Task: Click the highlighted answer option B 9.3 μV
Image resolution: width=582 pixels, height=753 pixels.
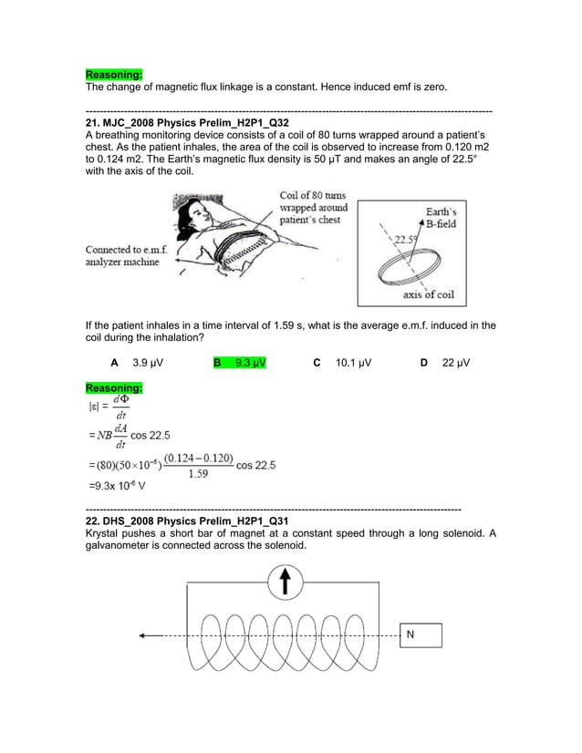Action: [x=240, y=363]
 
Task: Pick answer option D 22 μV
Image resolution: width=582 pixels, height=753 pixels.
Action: [x=447, y=363]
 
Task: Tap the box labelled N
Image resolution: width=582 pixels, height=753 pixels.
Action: [x=420, y=634]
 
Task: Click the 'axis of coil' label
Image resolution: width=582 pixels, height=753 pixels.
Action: [x=428, y=294]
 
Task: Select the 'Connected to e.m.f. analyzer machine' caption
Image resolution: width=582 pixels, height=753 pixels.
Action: [x=122, y=255]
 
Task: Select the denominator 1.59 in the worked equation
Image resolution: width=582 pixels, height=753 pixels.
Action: [x=198, y=472]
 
